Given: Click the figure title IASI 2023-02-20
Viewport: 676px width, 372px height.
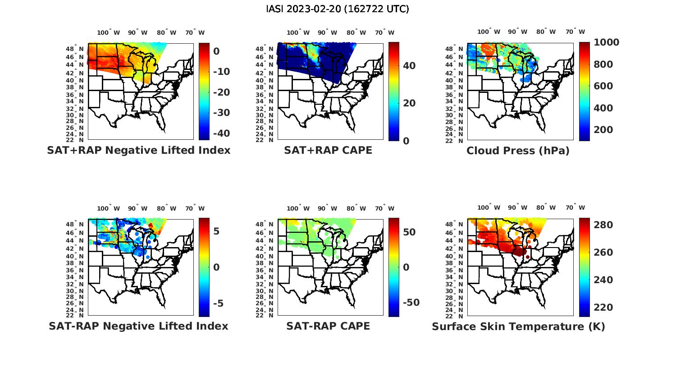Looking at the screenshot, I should pos(338,9).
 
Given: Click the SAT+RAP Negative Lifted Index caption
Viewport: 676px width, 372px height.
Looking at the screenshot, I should pos(138,150).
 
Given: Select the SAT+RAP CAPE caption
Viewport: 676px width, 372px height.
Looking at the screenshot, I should pos(328,150).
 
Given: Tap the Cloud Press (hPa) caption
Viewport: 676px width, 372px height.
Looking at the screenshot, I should pos(518,151).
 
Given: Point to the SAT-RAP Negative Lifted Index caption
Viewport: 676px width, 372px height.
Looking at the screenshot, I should pos(138,326).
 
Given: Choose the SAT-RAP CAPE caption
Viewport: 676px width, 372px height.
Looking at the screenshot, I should pos(328,326).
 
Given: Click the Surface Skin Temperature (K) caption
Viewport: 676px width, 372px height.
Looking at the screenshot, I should pos(518,326).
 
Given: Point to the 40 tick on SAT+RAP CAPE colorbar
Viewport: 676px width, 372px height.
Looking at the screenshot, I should pos(409,66).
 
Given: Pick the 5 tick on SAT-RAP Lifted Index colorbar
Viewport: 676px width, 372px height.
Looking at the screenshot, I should pos(216,232).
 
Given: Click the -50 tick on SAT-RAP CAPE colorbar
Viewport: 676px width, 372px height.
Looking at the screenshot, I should pos(410,303).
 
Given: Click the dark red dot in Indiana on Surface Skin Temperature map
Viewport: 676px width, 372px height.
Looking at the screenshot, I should pos(527,257).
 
